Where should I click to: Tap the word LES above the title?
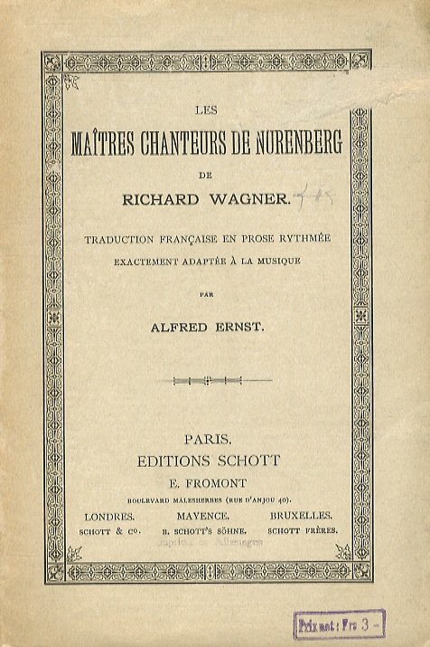pyautogui.click(x=206, y=112)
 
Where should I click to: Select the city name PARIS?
pyautogui.click(x=207, y=439)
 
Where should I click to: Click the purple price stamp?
pyautogui.click(x=341, y=624)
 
